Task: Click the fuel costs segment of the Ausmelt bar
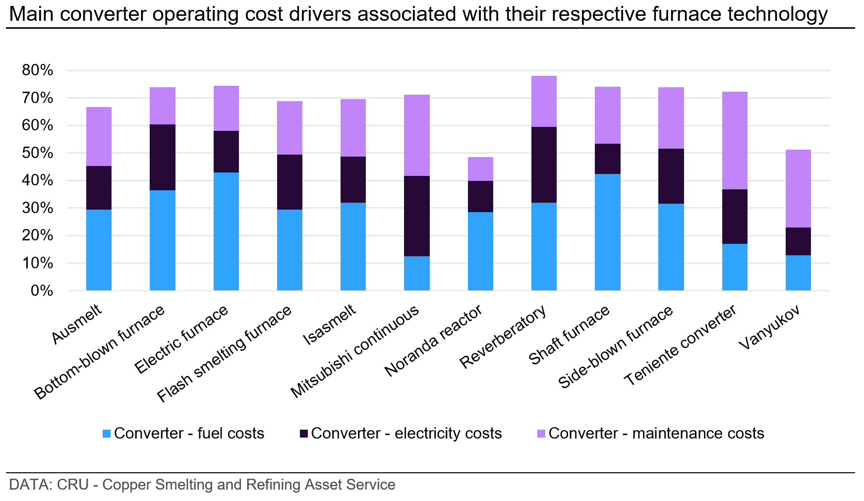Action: pyautogui.click(x=99, y=250)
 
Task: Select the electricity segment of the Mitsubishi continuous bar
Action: pyautogui.click(x=416, y=216)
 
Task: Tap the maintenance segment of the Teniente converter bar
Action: pyautogui.click(x=735, y=140)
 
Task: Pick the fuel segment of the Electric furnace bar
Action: pyautogui.click(x=226, y=231)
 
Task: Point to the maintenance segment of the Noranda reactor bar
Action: pyautogui.click(x=480, y=169)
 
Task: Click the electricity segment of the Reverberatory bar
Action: pyautogui.click(x=544, y=165)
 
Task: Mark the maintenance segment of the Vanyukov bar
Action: pyautogui.click(x=798, y=188)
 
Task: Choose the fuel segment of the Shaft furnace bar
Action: pyautogui.click(x=607, y=232)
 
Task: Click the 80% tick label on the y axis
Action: pyautogui.click(x=38, y=70)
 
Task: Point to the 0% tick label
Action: pyautogui.click(x=42, y=291)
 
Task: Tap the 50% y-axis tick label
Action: pyautogui.click(x=38, y=153)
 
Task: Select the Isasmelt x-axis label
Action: pyautogui.click(x=330, y=325)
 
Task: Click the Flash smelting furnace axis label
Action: pyautogui.click(x=225, y=354)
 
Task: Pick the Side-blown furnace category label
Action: pyautogui.click(x=616, y=347)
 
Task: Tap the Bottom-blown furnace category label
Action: pyautogui.click(x=100, y=353)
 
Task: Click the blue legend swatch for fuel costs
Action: pyautogui.click(x=107, y=434)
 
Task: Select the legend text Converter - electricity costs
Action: pyautogui.click(x=406, y=434)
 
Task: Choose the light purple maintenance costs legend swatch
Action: pyautogui.click(x=541, y=434)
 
